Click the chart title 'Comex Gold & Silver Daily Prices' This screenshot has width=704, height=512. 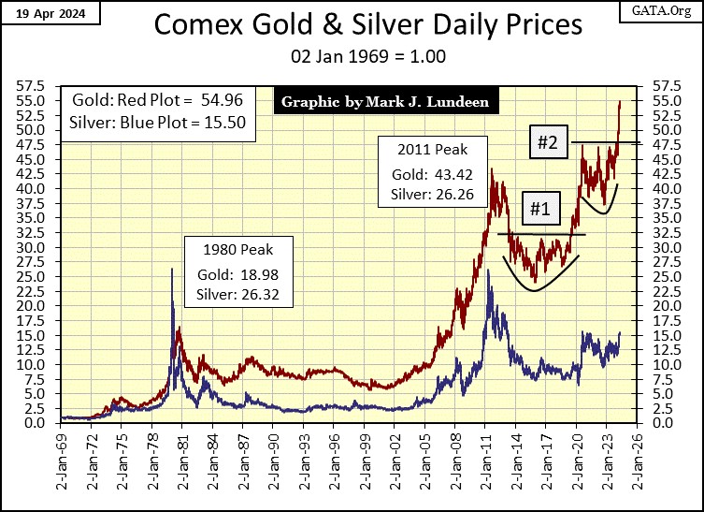tap(352, 26)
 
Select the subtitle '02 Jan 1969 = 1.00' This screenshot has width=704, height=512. tap(352, 56)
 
